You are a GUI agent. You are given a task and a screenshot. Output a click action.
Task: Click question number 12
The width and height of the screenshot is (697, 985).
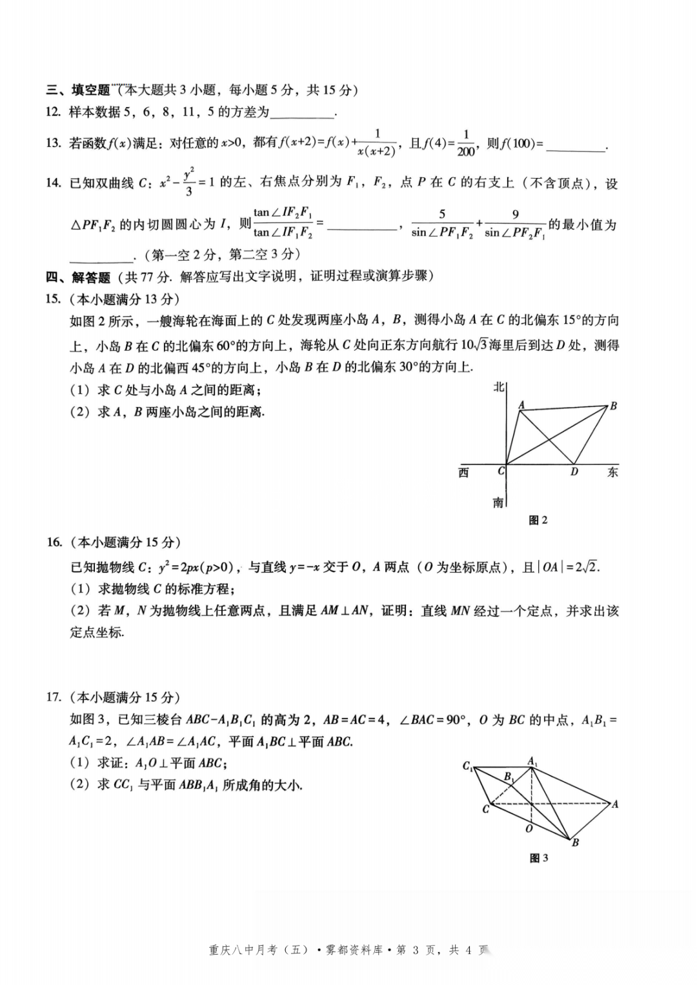pos(54,112)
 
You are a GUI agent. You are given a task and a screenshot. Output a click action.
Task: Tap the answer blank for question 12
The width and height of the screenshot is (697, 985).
pos(302,114)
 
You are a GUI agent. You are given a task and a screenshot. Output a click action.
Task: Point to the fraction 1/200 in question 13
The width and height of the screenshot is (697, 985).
pos(465,143)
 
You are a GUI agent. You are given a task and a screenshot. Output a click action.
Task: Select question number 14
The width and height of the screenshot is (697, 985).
pos(54,183)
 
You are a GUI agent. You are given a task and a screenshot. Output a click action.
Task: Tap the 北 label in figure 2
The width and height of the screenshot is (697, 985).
pos(498,387)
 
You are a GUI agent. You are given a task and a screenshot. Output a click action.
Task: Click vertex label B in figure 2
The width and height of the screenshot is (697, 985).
pos(613,406)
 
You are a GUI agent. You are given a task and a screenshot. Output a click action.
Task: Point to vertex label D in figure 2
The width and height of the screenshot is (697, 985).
pos(574,472)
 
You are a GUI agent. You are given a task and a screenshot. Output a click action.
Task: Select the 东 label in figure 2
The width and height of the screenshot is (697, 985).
pos(612,472)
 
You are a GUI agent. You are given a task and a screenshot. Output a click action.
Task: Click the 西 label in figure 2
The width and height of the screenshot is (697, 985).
pos(463,473)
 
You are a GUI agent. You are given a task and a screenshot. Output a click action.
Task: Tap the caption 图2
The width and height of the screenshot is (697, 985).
pos(538,520)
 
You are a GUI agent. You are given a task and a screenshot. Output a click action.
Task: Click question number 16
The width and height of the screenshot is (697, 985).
pos(54,542)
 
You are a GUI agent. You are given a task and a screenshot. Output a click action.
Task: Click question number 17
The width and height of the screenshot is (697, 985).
pos(54,697)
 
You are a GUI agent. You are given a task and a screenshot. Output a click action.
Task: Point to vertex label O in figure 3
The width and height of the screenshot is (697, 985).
pos(529,828)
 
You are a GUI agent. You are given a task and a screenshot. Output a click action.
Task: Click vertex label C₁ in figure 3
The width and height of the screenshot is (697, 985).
pos(468,766)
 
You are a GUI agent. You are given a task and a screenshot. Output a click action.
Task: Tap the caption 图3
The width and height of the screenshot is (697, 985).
pos(538,858)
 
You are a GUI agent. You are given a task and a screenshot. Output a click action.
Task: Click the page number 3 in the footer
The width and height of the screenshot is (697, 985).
pos(416,950)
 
